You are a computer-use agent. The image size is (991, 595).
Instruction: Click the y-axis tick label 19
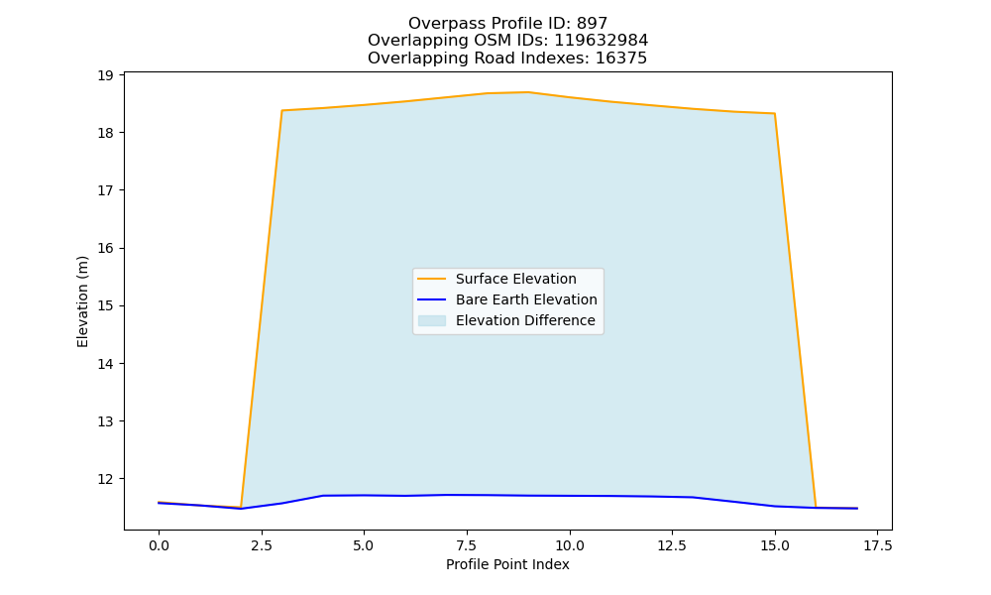(x=105, y=76)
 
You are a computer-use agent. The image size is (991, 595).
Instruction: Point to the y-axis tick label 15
(x=105, y=306)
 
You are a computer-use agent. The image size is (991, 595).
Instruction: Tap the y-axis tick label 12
(x=105, y=479)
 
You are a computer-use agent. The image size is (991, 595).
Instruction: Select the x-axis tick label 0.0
(x=159, y=545)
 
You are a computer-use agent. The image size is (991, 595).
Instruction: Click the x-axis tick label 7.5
(x=467, y=545)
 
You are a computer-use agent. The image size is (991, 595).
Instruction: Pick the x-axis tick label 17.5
(x=877, y=545)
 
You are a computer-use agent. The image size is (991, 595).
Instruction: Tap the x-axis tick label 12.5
(x=672, y=545)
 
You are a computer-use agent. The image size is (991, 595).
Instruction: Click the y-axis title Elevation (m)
(x=83, y=301)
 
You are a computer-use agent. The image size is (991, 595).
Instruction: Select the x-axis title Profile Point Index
(x=507, y=564)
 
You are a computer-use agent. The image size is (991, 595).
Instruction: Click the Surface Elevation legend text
(x=515, y=279)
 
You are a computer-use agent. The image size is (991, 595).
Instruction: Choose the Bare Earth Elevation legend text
(x=526, y=299)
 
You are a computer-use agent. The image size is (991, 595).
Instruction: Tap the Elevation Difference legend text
(x=525, y=320)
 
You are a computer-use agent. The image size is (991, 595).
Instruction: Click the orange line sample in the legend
(x=432, y=279)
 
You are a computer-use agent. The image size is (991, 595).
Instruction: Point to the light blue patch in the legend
(x=432, y=320)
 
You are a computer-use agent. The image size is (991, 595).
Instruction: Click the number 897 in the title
(x=593, y=24)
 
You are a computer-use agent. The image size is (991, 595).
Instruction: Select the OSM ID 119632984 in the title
(x=602, y=41)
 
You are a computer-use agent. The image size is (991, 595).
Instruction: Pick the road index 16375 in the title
(x=621, y=59)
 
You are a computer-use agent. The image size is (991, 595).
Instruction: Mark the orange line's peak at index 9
(x=528, y=92)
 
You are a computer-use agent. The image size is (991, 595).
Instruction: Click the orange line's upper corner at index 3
(x=281, y=111)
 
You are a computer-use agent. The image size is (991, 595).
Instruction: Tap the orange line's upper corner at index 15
(x=775, y=114)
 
